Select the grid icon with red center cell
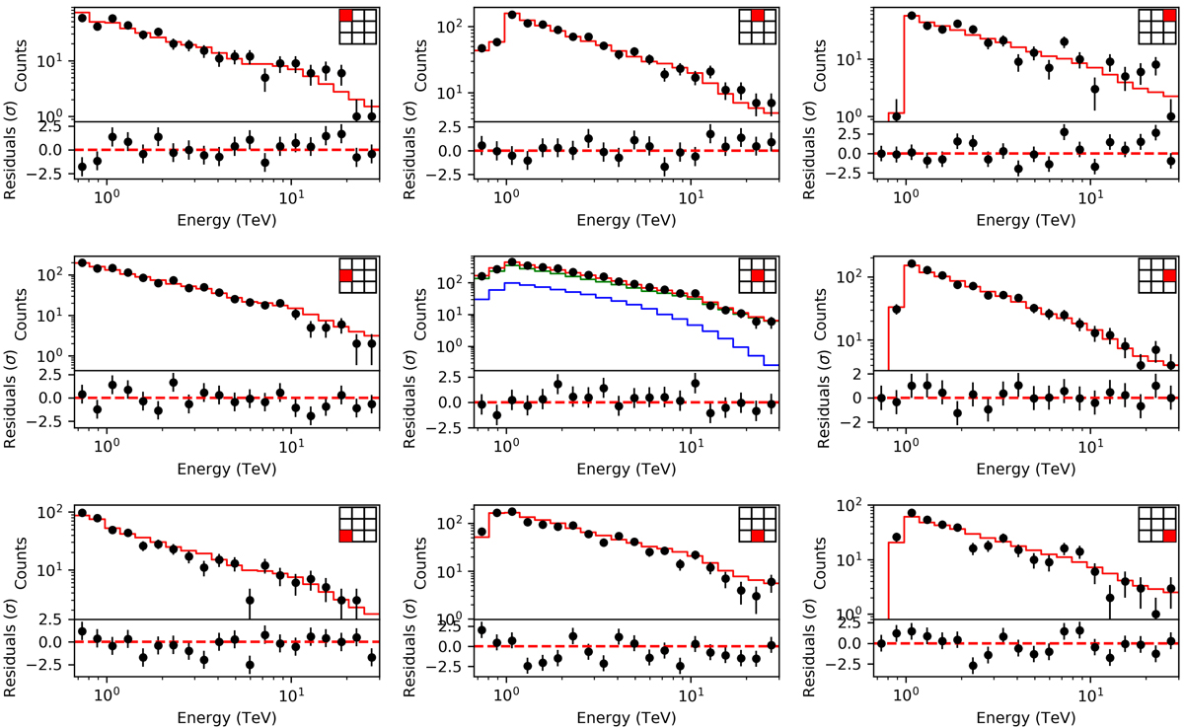click(x=757, y=276)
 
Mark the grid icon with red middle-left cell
click(x=344, y=276)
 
